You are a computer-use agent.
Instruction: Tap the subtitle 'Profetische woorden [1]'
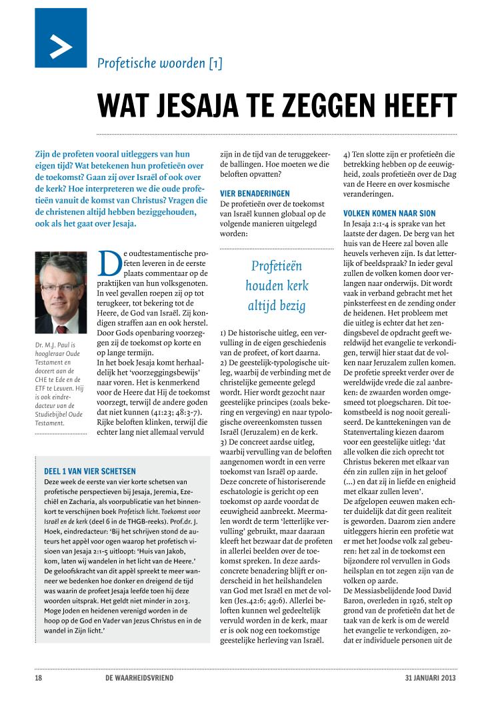[160, 64]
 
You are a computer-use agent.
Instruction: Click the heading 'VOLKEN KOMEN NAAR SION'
[388, 213]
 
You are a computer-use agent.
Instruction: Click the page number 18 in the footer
[39, 679]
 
